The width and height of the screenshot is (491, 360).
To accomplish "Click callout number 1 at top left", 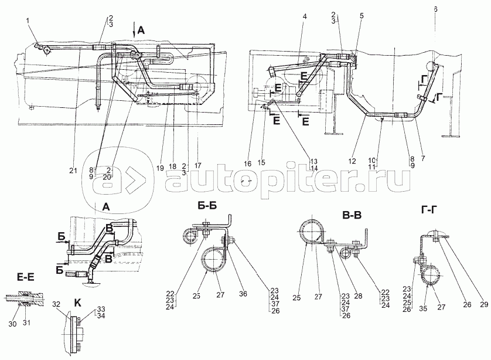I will point(27,22).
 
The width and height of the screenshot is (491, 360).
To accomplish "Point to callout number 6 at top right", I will point(435,9).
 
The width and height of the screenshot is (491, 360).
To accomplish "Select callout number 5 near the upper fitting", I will point(362,17).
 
